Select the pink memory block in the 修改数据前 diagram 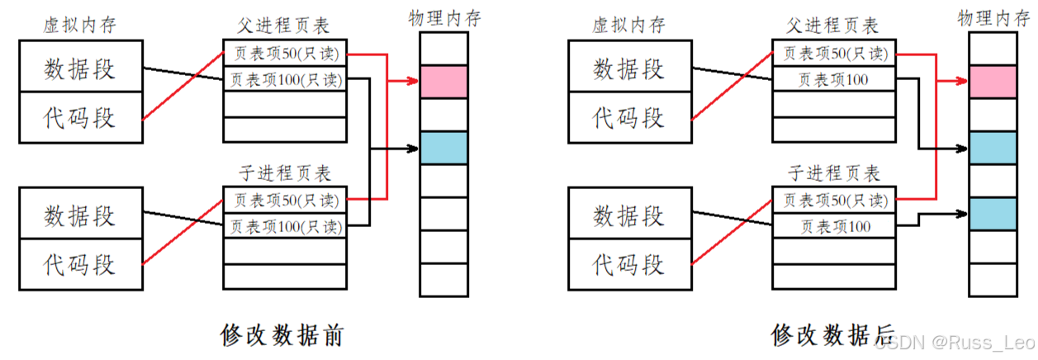[x=443, y=82]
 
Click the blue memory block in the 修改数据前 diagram [x=443, y=148]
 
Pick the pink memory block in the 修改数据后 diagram [x=993, y=82]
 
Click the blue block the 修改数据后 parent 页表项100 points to [x=993, y=148]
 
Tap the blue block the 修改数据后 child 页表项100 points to [x=993, y=214]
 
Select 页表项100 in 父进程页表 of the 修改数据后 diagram [x=834, y=80]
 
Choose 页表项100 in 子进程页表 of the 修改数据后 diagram [x=834, y=226]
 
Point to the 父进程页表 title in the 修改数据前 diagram [x=285, y=26]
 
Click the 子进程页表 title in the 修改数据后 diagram [x=834, y=173]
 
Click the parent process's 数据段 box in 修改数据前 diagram [x=79, y=69]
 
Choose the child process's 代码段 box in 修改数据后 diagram [x=628, y=265]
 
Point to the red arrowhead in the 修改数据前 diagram [x=414, y=82]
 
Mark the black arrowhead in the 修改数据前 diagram [x=414, y=149]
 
